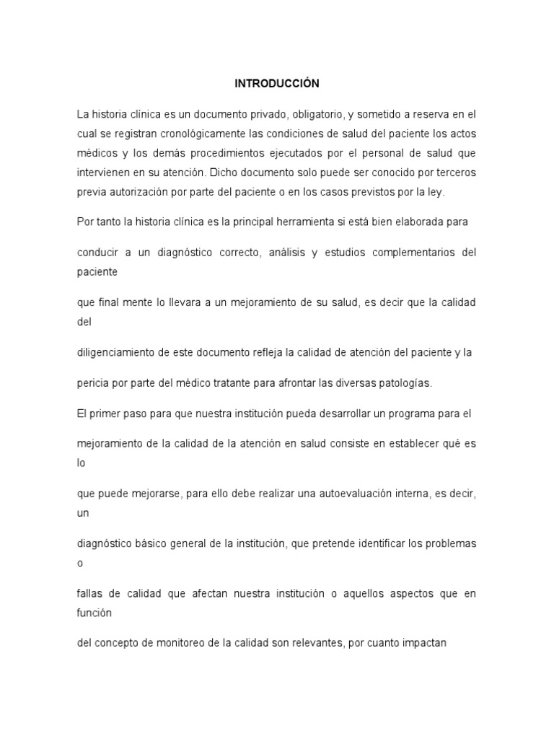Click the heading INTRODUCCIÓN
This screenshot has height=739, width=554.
coord(277,84)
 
